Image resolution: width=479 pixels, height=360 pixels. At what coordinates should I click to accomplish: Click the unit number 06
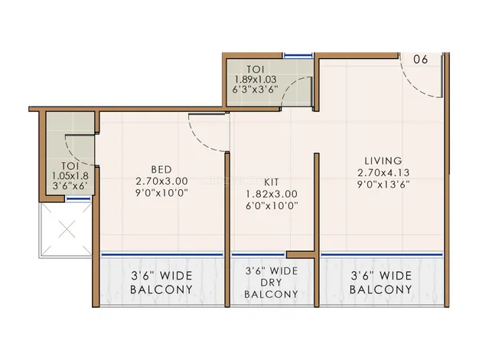pos(421,59)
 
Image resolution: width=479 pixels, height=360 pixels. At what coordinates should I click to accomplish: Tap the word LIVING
pos(383,161)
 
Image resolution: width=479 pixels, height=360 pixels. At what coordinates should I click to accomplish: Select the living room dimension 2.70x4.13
pos(383,172)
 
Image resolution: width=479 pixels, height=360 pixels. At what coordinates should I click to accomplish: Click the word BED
pos(161,169)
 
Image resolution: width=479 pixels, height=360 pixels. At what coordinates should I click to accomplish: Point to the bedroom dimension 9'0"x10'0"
pos(161,193)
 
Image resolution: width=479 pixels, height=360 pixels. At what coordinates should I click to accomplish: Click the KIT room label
pos(272,182)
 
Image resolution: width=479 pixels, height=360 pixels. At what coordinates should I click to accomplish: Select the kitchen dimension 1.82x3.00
pos(272,194)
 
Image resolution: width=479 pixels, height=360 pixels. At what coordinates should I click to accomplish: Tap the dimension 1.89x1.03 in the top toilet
pos(255,80)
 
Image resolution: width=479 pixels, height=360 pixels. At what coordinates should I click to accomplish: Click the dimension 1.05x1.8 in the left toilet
pos(70,176)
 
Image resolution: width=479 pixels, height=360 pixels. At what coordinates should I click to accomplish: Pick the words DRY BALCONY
pos(272,288)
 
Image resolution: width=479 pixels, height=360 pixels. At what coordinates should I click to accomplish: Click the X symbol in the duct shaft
pos(67,229)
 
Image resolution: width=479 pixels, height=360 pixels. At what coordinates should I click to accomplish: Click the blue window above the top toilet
pos(298,55)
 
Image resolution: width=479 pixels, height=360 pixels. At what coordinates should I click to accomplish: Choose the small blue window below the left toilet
pos(79,199)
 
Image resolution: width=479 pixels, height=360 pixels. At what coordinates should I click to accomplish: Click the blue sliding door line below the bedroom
pos(162,254)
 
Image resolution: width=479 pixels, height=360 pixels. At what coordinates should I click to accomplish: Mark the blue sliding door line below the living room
pos(382,254)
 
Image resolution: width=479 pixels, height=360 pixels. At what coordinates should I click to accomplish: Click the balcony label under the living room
pos(381,283)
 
